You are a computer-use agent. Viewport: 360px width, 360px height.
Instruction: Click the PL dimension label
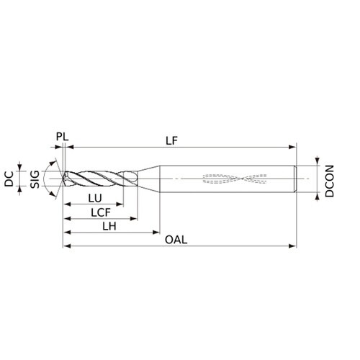[x=62, y=137]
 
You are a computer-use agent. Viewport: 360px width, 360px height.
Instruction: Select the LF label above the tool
[x=171, y=140]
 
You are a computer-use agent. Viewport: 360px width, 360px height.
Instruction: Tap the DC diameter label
[x=9, y=179]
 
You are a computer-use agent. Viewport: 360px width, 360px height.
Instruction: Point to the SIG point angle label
[x=35, y=179]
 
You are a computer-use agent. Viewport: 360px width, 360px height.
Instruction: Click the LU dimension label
[x=95, y=198]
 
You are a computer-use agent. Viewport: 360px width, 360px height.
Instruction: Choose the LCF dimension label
[x=101, y=212]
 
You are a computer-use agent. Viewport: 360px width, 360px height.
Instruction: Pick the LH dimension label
[x=109, y=226]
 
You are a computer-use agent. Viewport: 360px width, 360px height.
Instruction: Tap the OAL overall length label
[x=176, y=240]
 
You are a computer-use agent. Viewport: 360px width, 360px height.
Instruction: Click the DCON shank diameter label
[x=329, y=181]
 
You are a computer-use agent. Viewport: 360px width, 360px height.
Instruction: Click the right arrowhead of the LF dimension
[x=292, y=147]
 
